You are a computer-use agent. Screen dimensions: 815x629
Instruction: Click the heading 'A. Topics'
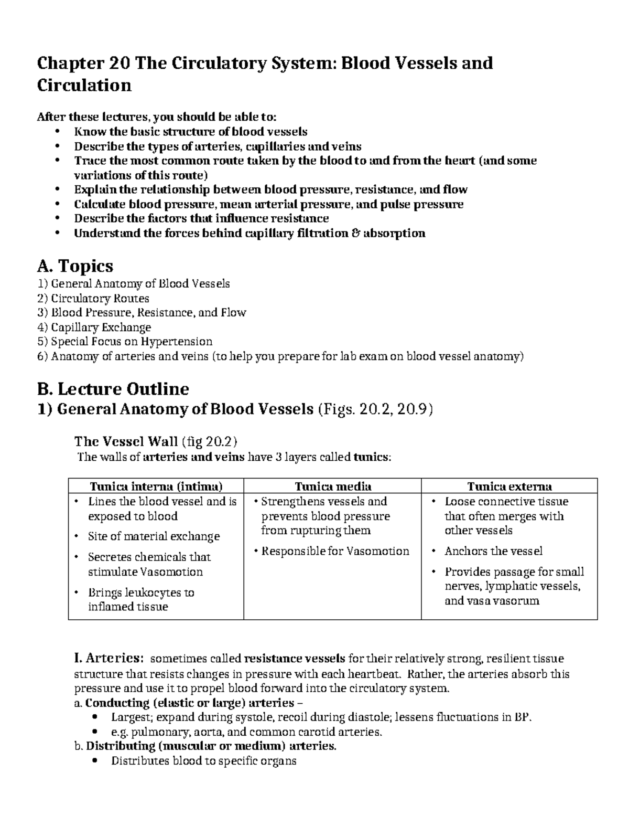coord(75,266)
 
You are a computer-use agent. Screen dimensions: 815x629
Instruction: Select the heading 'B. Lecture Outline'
coord(113,389)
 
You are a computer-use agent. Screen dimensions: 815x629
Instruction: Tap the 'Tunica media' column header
coord(333,486)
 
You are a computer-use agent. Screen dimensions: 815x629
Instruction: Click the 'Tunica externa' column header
coord(509,486)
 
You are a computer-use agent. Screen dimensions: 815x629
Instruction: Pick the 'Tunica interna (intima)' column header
coord(156,486)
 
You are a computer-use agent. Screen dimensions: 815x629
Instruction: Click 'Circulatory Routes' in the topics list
coord(100,299)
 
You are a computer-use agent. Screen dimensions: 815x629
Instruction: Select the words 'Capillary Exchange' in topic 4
coord(101,327)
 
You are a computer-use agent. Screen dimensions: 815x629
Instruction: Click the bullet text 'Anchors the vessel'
coord(493,551)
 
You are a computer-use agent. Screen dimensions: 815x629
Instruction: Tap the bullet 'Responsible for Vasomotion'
coord(335,551)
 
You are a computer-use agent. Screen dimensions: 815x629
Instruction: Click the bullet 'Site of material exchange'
coord(154,536)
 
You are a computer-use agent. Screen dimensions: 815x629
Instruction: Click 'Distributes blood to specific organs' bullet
coord(203,761)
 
